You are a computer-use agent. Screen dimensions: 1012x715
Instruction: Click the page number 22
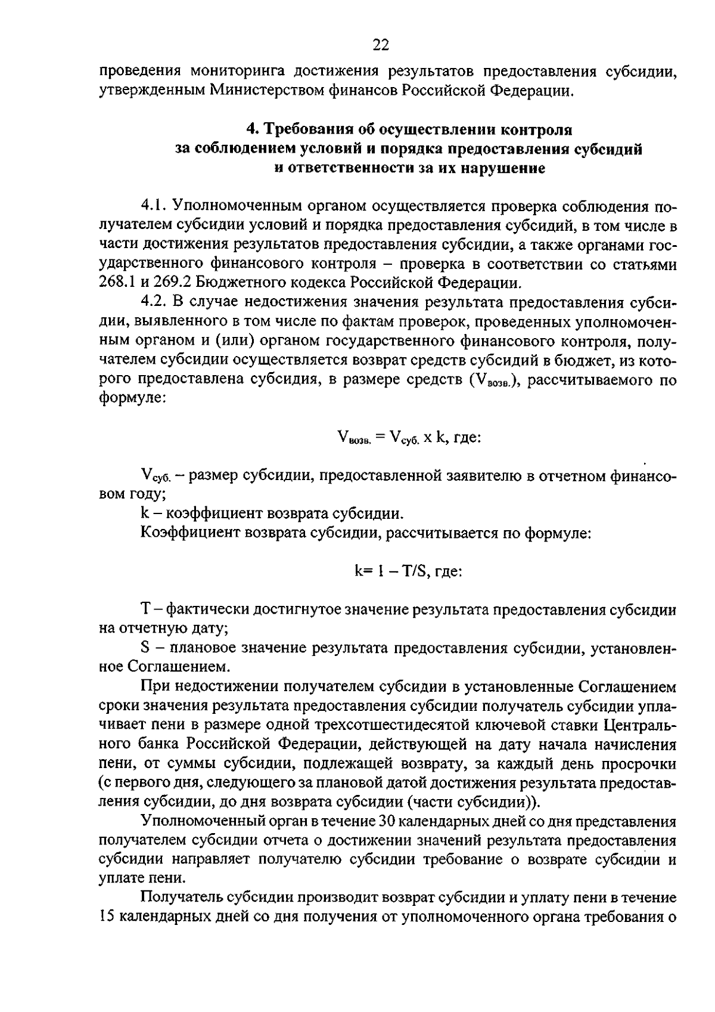pyautogui.click(x=381, y=45)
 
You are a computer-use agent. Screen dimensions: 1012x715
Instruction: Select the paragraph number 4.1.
pyautogui.click(x=153, y=206)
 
